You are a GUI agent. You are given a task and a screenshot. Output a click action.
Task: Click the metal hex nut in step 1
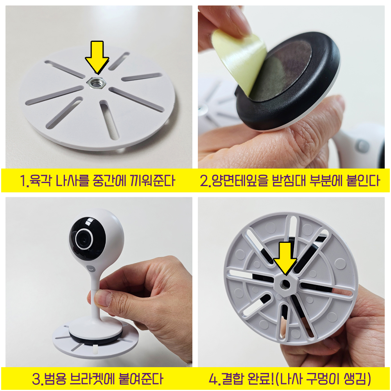click(x=97, y=82)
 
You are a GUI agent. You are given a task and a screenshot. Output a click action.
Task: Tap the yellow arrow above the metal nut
click(x=97, y=57)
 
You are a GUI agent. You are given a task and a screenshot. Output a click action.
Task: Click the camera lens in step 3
click(x=84, y=239)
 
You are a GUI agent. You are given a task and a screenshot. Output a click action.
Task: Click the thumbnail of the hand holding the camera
click(x=99, y=282)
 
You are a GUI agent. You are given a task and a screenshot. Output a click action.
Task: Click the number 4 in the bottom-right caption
click(x=213, y=379)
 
